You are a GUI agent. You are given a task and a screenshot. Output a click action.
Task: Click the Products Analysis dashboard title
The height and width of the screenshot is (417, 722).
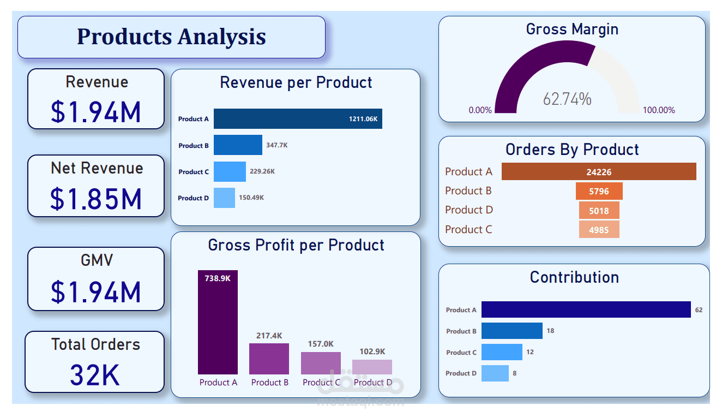171,37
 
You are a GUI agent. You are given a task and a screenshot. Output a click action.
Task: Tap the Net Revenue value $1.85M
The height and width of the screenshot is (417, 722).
96,199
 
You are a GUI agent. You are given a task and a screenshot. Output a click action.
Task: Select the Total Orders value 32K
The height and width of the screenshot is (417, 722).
95,375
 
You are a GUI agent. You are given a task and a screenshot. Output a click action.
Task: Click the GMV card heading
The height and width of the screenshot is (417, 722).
97,260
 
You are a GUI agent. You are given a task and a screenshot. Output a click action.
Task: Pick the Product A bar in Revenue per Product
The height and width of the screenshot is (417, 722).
298,118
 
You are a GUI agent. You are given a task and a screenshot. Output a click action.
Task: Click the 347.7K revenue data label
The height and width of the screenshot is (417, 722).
278,145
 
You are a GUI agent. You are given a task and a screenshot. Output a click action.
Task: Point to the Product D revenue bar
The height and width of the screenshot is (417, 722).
224,198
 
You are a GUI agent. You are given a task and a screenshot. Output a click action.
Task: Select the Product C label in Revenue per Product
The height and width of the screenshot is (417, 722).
194,172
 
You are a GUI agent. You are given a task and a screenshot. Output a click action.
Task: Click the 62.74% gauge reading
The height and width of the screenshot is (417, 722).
567,99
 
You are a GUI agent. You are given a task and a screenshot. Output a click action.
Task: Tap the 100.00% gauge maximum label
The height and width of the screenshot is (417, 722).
659,110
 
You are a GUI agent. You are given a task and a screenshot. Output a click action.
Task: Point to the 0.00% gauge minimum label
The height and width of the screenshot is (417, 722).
480,110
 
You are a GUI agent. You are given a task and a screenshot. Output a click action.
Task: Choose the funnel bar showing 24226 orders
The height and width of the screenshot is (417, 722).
599,172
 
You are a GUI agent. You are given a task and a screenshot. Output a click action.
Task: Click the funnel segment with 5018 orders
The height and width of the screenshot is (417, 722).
599,210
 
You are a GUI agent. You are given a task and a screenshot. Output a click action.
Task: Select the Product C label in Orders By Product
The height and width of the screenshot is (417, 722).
468,229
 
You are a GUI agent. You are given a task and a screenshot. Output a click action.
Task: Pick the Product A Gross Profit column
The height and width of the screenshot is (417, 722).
218,322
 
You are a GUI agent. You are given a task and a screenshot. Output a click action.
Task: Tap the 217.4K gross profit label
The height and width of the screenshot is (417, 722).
269,336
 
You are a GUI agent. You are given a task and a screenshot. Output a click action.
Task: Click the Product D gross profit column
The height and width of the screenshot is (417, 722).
372,367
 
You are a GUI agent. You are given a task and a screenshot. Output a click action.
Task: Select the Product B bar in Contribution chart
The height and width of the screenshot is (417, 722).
512,331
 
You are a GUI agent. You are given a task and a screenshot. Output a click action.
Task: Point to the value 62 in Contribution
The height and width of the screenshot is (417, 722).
699,310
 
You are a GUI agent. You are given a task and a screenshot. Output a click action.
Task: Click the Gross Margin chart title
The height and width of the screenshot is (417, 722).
572,29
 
